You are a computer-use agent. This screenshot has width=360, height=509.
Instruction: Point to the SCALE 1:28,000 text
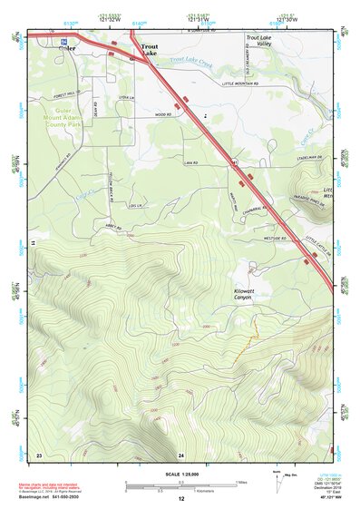point(180,475)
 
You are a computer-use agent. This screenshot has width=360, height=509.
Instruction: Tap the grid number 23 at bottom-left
point(39,453)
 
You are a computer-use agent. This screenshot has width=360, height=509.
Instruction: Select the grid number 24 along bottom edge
point(181,453)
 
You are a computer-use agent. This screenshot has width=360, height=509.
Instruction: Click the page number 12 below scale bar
point(181,499)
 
